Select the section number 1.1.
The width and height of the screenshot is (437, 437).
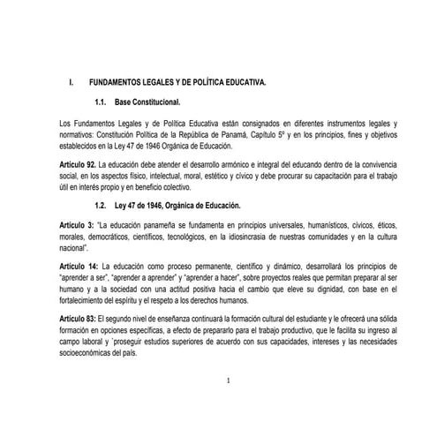pyautogui.click(x=101, y=102)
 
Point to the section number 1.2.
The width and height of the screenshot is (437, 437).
pyautogui.click(x=101, y=205)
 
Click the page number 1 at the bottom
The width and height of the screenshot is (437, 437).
pyautogui.click(x=228, y=380)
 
